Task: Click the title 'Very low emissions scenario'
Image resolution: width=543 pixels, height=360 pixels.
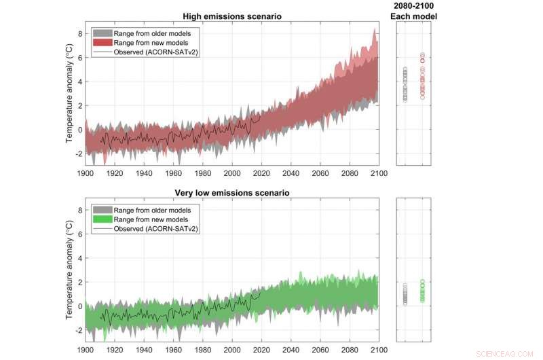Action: pyautogui.click(x=233, y=193)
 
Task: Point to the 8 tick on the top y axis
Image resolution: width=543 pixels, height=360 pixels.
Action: pyautogui.click(x=79, y=33)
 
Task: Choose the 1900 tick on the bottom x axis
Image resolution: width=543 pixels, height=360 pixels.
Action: pyautogui.click(x=86, y=350)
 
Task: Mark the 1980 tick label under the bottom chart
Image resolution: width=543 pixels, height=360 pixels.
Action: pyautogui.click(x=202, y=350)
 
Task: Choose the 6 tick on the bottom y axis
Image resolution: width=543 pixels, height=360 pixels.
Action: pyautogui.click(x=79, y=234)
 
